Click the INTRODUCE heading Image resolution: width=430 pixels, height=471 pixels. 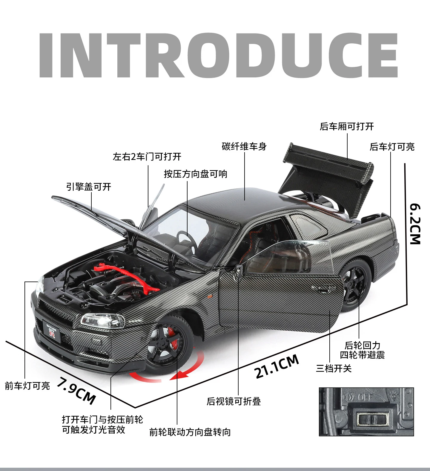218,55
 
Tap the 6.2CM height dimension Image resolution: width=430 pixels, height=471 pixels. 415,224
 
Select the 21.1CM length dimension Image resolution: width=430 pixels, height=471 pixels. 277,366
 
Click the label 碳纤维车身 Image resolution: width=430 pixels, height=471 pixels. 244,146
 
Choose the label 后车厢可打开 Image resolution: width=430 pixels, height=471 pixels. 347,126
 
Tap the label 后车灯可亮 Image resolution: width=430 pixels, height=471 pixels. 392,147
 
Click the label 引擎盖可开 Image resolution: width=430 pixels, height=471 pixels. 89,187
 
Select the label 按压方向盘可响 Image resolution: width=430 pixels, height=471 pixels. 196,174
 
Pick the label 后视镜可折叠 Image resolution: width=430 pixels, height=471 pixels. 234,401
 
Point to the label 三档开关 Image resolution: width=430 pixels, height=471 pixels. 334,368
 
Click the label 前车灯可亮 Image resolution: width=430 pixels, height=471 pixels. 27,386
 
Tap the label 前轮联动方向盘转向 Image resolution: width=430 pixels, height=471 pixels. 190,432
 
